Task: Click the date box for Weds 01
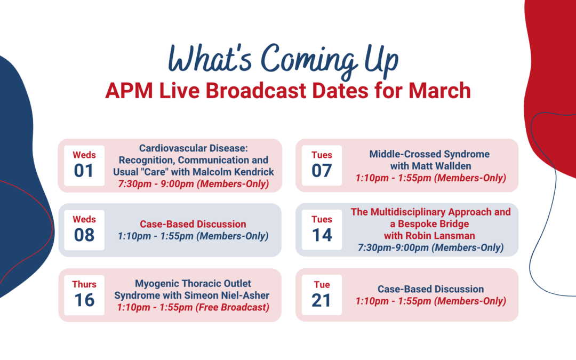84,165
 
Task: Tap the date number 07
322,171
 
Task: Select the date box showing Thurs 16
84,295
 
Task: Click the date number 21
322,300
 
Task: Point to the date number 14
322,235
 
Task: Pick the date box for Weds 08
84,230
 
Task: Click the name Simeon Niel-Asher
227,295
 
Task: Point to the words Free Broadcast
233,308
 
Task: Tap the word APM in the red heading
129,91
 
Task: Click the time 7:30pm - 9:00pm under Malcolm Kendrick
156,183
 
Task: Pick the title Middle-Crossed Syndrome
429,154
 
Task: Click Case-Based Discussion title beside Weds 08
193,224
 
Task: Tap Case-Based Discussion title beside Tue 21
430,289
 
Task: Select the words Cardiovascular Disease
194,148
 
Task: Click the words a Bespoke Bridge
429,224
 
